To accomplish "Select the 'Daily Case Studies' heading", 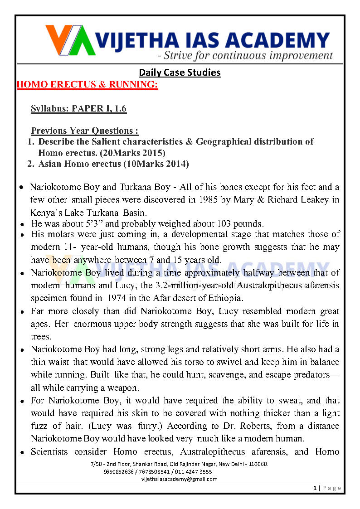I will coord(180,73).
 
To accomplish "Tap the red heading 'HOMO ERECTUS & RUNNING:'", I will coord(87,85).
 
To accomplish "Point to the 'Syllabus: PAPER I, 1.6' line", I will coord(78,108).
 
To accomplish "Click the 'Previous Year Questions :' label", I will coord(84,131).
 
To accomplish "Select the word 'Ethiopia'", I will coord(228,298).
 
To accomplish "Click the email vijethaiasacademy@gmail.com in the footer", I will coord(180,479).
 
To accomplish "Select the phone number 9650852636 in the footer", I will coord(119,471).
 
